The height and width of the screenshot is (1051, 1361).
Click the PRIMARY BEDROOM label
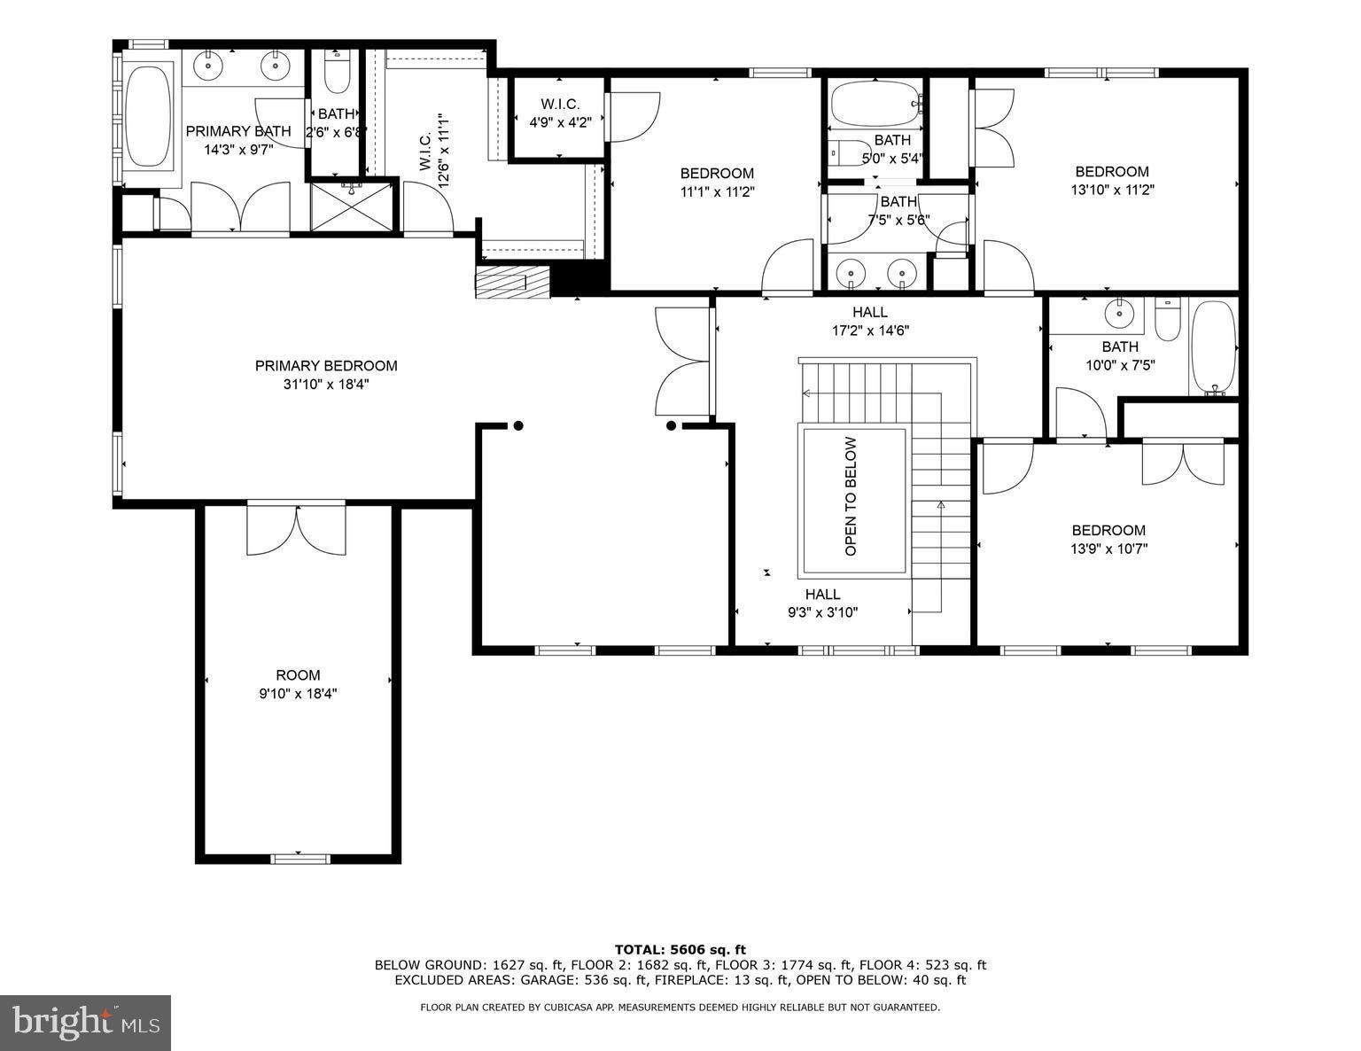click(x=326, y=366)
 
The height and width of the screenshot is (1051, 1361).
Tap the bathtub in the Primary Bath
click(x=147, y=118)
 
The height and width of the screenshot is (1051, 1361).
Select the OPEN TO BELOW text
click(x=851, y=496)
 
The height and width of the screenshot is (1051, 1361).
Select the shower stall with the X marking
click(x=352, y=207)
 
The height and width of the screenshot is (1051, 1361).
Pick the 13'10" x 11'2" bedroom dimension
click(x=1112, y=189)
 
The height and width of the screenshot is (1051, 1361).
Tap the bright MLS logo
click(x=86, y=1023)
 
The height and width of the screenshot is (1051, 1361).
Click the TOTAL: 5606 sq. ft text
click(x=680, y=950)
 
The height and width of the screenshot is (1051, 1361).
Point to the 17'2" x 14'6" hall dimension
click(x=869, y=331)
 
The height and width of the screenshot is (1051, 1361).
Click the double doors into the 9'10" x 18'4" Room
click(x=297, y=528)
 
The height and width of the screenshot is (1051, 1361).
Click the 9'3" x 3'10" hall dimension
click(x=822, y=611)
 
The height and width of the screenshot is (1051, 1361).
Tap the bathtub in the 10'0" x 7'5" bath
click(x=1212, y=347)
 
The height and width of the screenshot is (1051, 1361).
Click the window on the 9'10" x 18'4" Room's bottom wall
click(x=299, y=857)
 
